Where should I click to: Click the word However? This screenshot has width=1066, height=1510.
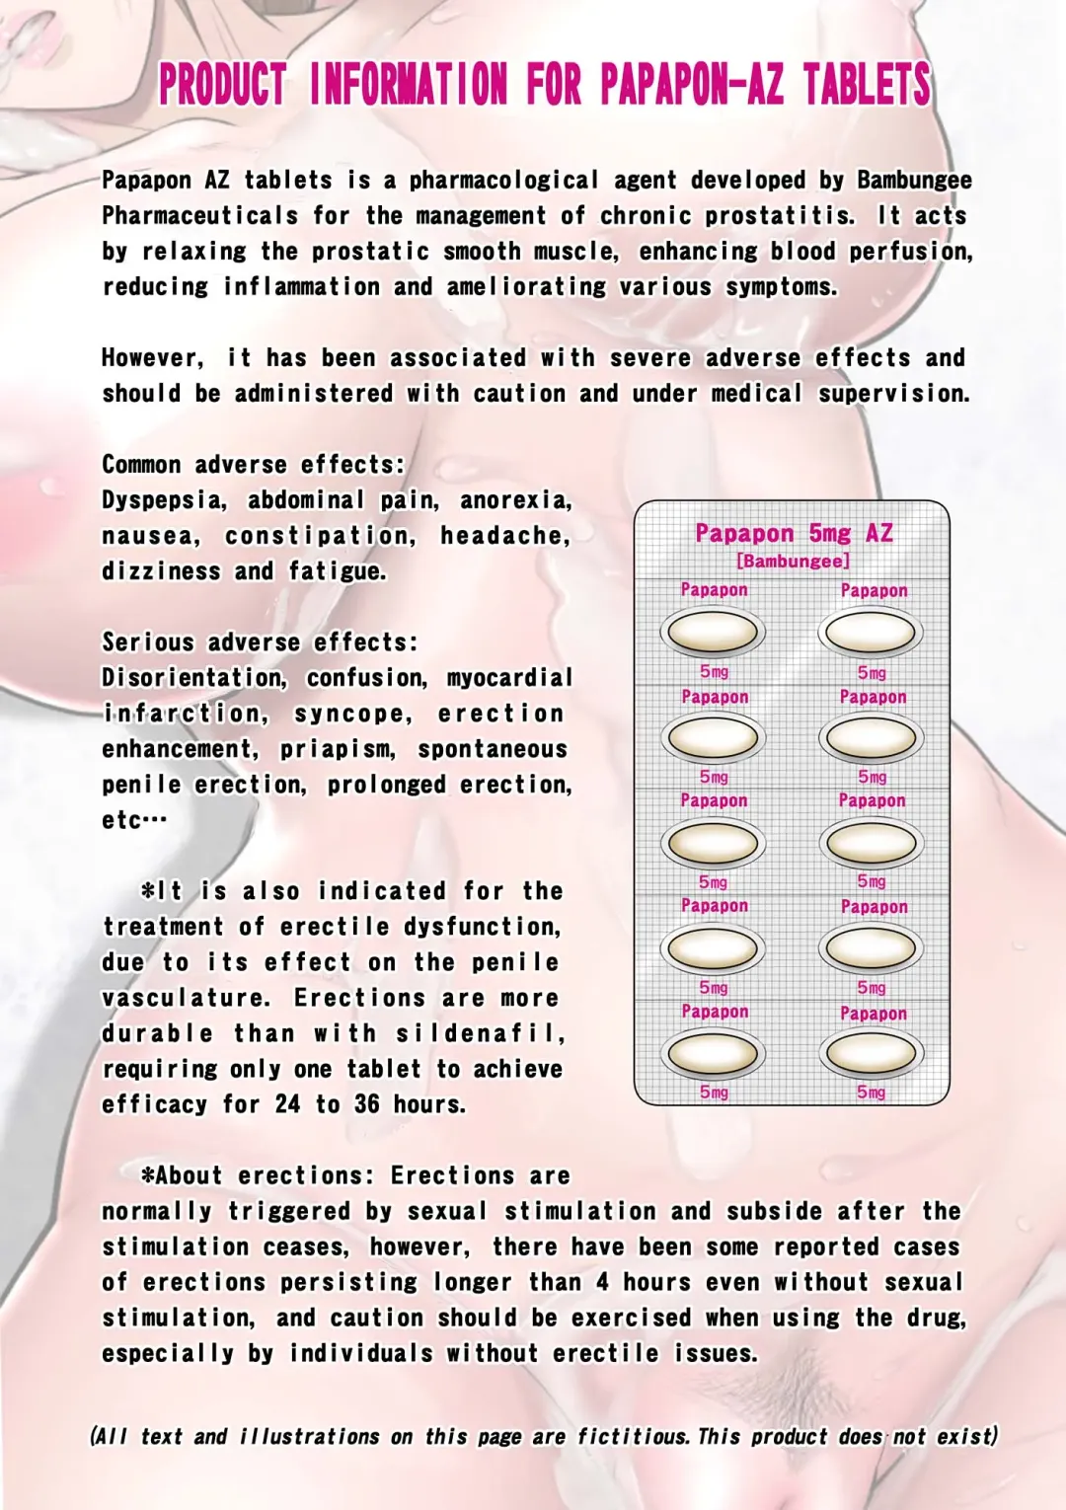(x=152, y=358)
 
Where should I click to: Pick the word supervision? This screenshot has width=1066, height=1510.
(x=893, y=394)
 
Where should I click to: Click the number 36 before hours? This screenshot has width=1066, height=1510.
(x=366, y=1104)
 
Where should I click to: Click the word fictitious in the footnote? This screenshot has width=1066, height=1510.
(x=632, y=1436)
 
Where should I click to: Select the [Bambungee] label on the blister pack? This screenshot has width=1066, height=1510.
(x=793, y=561)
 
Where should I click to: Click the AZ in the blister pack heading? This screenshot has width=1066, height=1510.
(x=878, y=534)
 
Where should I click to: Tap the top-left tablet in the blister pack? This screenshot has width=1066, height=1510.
(x=713, y=632)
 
